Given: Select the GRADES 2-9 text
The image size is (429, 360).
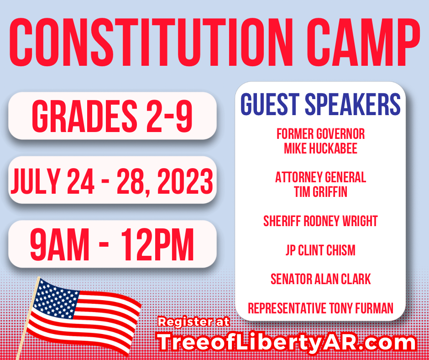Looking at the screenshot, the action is tap(112, 116).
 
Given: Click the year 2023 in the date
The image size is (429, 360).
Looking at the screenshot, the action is tap(185, 181).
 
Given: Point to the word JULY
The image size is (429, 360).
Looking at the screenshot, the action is tap(36, 181).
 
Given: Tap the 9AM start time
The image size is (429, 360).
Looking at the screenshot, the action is tap(60, 244).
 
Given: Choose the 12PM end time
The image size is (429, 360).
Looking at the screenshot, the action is tap(157, 244).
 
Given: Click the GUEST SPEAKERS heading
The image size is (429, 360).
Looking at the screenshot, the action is tap(320, 104).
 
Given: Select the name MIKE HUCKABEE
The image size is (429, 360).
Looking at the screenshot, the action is tap(320, 148).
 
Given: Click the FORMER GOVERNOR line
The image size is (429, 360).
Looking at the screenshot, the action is tap(320, 134).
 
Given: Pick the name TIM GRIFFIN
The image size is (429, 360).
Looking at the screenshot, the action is tap(320, 192).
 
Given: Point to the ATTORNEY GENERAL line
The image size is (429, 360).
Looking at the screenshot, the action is tap(320, 177).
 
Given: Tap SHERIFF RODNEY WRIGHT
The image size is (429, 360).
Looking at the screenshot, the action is tap(320, 221).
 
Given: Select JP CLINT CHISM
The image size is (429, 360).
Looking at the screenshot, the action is tap(320, 250).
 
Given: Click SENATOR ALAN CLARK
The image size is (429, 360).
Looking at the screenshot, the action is tap(320, 279).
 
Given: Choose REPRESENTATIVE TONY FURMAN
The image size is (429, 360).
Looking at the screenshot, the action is tap(320, 308).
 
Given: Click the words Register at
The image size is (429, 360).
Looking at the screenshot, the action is tap(194, 322).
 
